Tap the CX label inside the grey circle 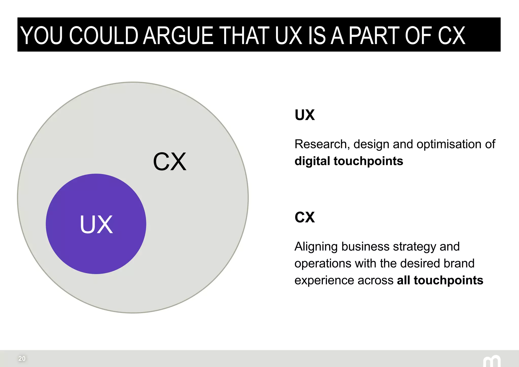(170, 162)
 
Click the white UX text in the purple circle (96, 224)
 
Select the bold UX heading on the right (305, 115)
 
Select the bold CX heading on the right (305, 217)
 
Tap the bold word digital (312, 161)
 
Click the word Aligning (316, 247)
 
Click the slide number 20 (22, 358)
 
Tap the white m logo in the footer (492, 361)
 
